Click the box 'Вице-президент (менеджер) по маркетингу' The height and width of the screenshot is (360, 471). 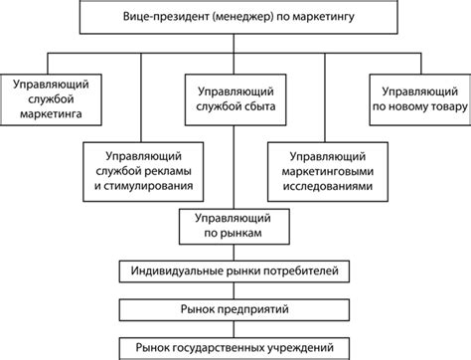coord(236,18)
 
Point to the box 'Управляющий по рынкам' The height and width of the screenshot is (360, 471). coord(235,226)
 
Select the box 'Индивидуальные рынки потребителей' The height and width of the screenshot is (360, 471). coord(235,270)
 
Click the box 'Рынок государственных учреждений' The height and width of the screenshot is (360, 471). coord(235,346)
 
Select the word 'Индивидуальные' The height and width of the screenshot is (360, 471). coord(178,270)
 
